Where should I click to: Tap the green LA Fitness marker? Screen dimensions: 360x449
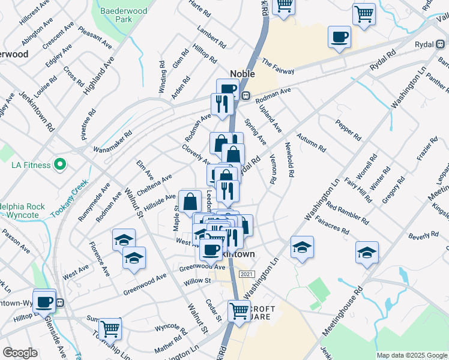tap(59, 163)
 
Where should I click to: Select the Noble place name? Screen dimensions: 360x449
tap(243, 74)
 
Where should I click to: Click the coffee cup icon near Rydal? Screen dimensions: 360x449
tap(340, 37)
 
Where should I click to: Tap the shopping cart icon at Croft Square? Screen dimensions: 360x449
tap(239, 311)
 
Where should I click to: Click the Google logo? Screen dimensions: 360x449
tap(20, 353)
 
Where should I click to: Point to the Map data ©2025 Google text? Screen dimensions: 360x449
tap(411, 355)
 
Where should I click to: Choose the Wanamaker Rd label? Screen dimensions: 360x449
tap(112, 142)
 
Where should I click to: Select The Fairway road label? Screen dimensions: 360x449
tap(279, 67)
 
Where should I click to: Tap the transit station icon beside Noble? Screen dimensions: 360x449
tap(246, 95)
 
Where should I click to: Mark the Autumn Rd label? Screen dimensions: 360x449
tap(311, 142)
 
